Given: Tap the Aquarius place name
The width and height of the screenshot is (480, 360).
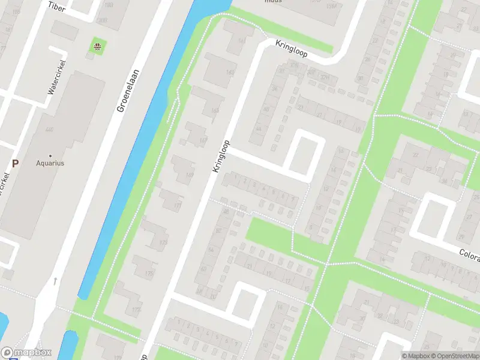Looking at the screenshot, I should tap(50, 163).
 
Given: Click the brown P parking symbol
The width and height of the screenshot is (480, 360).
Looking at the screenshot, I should tap(16, 163).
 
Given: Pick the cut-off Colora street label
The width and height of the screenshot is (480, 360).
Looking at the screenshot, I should tap(469, 256).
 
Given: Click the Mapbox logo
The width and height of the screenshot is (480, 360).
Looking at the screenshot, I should tap(26, 353).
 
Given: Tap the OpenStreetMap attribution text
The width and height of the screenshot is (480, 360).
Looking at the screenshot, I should tap(454, 355).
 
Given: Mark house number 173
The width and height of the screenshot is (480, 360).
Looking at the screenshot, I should tap(164, 242).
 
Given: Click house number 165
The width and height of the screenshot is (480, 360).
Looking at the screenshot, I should tap(215, 110).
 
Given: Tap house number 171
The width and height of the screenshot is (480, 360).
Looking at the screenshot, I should tap(177, 205).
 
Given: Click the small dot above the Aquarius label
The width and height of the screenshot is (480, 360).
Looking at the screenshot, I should tap(50, 155).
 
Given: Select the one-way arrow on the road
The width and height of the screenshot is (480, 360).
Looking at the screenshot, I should tap(55, 281).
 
